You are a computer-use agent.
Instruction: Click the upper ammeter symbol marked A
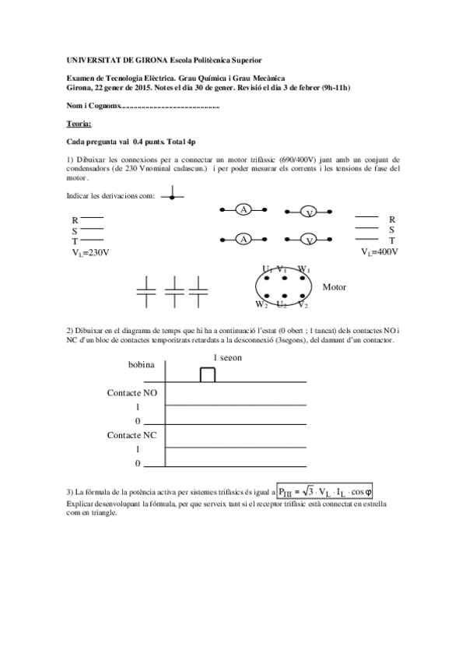pos(244,209)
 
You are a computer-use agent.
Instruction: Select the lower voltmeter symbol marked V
pos(309,240)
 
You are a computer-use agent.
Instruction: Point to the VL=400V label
pos(380,252)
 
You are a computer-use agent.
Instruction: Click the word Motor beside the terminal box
pos(335,287)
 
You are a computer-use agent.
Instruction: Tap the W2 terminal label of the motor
pos(262,304)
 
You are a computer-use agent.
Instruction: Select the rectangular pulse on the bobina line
pos(207,374)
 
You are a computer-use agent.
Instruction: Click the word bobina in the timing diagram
pos(141,364)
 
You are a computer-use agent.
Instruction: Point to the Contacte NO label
pos(131,393)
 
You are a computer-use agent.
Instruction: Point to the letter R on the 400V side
pos(392,219)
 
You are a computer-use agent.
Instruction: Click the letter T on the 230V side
pos(75,241)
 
